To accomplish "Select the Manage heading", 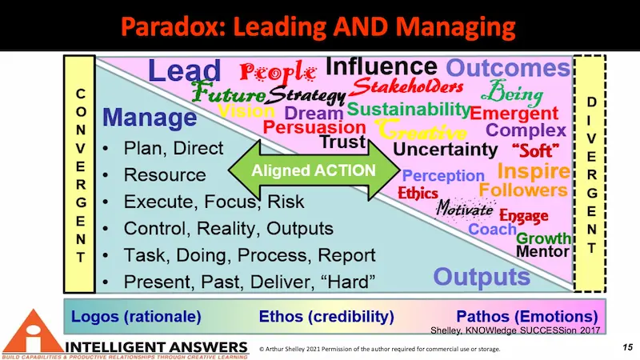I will tap(150, 118).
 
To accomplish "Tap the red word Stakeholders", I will tap(407, 86).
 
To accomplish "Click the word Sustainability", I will tap(408, 109).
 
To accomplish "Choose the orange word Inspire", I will tap(533, 170).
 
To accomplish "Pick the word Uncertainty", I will tap(446, 150).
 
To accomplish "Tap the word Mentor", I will tap(542, 251).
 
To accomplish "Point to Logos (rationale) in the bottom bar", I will tap(136, 316).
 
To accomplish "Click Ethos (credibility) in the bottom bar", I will tap(326, 316).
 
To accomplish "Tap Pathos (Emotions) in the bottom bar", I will tap(526, 316).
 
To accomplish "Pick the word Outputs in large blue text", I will tap(482, 277).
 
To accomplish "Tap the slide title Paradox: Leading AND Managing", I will tap(320, 26).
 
